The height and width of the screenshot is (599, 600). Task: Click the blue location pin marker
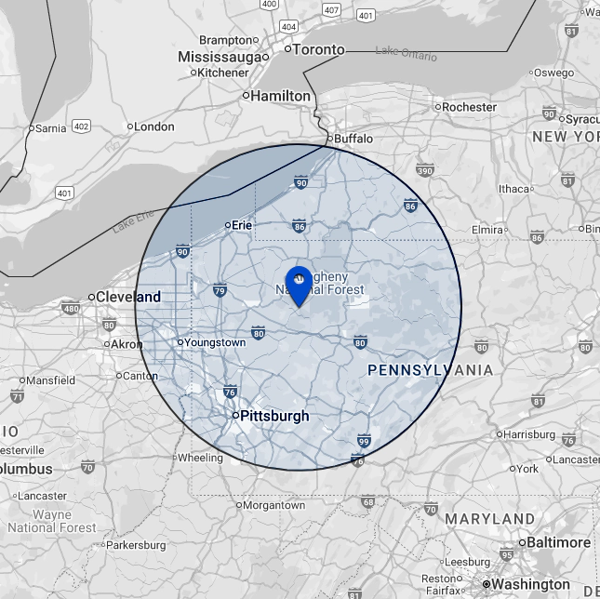[299, 283]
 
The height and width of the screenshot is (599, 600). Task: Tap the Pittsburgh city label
[274, 416]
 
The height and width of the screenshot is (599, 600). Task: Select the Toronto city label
[318, 49]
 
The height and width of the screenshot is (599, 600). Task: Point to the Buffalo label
[353, 139]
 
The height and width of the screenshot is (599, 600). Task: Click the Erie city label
[242, 224]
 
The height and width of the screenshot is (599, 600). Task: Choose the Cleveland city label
[128, 297]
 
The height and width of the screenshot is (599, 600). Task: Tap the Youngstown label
[215, 342]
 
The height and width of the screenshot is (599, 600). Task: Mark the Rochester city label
[469, 107]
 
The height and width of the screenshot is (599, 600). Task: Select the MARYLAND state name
[490, 518]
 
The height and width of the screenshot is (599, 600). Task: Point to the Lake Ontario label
[406, 54]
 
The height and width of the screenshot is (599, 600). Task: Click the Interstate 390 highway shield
[425, 170]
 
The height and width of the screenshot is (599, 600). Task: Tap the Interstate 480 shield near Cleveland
[71, 308]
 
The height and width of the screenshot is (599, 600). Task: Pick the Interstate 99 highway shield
[364, 441]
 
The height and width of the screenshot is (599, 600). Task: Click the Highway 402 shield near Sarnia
[81, 126]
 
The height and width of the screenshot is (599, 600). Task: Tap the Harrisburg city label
[529, 433]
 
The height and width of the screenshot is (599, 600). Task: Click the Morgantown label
[274, 505]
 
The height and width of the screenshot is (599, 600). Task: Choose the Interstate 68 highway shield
[368, 502]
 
